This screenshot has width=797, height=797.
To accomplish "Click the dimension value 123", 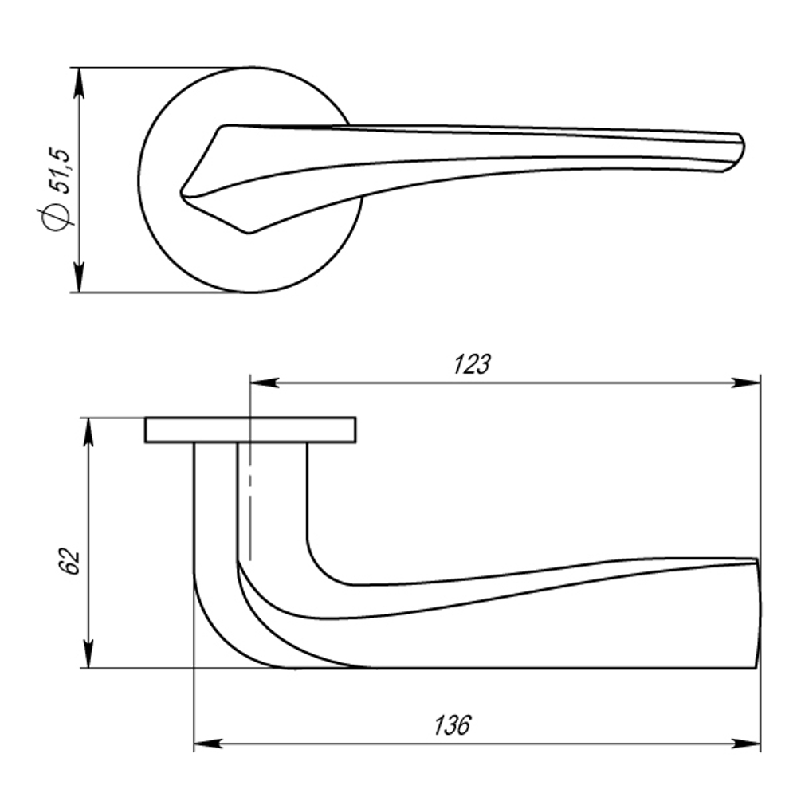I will (472, 364).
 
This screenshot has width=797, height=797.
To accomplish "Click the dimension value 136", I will (452, 726).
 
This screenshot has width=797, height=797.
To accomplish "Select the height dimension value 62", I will (71, 560).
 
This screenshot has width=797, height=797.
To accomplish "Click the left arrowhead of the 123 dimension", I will (263, 383).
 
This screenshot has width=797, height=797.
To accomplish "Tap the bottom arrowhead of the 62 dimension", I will (89, 656).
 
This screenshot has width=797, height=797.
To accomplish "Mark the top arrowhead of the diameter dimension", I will (79, 80).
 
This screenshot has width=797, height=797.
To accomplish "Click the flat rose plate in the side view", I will (249, 430).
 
